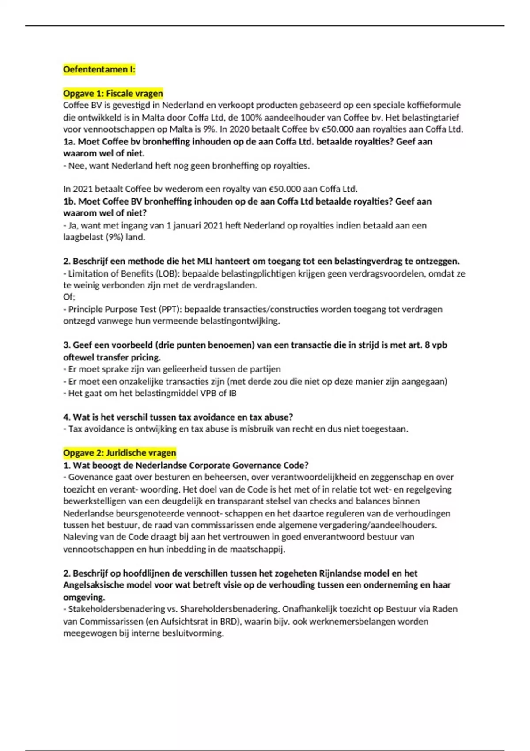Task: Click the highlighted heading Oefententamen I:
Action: pyautogui.click(x=99, y=69)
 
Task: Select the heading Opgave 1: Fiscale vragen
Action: pyautogui.click(x=113, y=93)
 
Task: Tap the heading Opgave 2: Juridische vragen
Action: pyautogui.click(x=119, y=453)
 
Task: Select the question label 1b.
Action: pyautogui.click(x=69, y=201)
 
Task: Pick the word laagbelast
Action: pyautogui.click(x=83, y=237)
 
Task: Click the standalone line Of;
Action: pyautogui.click(x=69, y=297)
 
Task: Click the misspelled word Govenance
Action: pyautogui.click(x=91, y=477)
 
